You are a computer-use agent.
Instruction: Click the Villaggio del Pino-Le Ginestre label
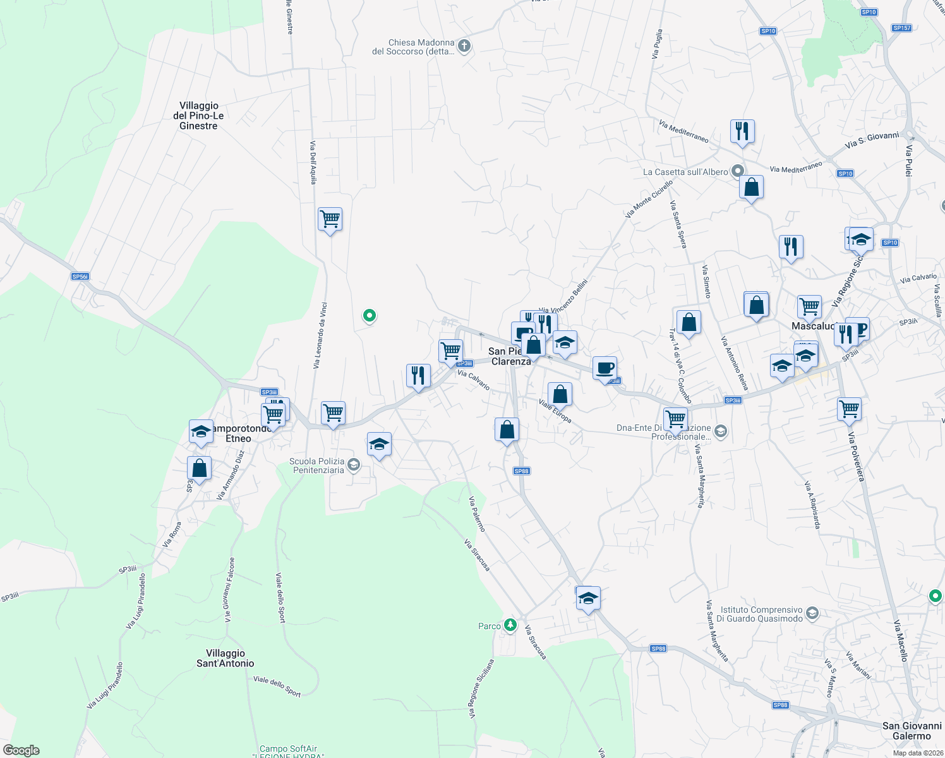pos(198,116)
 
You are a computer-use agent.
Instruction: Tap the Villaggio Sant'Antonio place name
pos(226,658)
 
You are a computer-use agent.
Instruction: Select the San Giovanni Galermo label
pos(912,731)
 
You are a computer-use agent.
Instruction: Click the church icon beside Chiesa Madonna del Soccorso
pos(464,45)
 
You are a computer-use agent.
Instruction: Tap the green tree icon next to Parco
pos(510,625)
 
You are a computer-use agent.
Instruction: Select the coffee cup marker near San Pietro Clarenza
pos(605,368)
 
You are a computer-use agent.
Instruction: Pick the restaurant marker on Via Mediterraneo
pos(742,132)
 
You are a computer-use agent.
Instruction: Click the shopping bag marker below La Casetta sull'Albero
pos(751,188)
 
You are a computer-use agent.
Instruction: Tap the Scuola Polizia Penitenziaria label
pos(317,466)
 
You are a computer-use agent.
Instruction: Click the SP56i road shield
pos(80,277)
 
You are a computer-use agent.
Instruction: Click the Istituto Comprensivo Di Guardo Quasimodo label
pos(761,614)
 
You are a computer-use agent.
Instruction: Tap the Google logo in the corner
pos(21,750)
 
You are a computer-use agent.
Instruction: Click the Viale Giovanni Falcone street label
pos(229,589)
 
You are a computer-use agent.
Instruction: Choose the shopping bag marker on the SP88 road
pos(507,431)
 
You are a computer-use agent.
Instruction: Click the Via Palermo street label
pos(477,514)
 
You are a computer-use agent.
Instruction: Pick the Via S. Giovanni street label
pos(872,140)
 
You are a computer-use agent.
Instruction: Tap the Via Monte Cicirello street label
pos(649,198)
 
